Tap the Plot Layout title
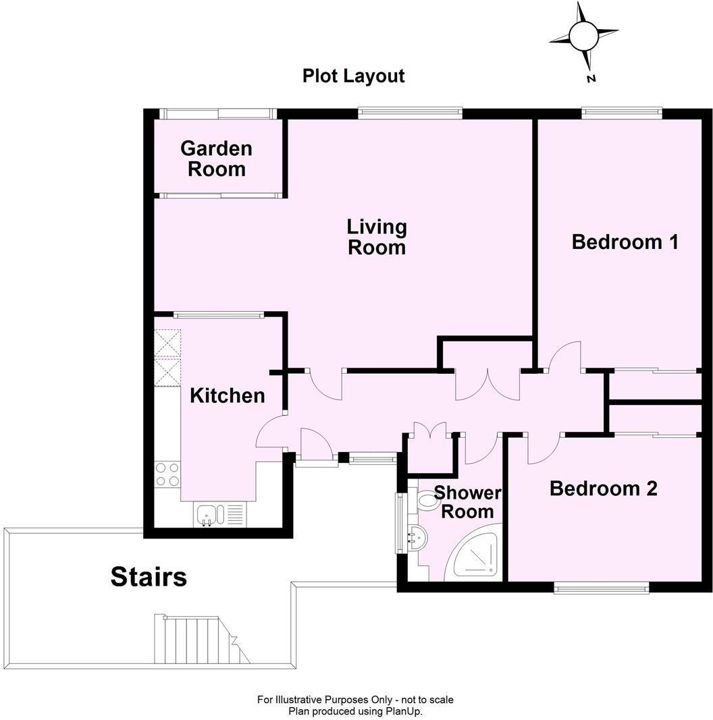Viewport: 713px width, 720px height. coord(353,76)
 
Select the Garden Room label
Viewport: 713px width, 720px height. coord(217,159)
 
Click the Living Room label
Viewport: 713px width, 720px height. coord(377,237)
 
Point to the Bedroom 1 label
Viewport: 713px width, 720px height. coord(625,242)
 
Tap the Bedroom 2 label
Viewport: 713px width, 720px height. coord(603,489)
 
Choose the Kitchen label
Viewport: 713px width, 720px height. coord(227,395)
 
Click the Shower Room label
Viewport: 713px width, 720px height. coord(467,503)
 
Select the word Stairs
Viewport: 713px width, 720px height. coord(149,577)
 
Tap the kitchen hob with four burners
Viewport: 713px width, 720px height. coord(167,474)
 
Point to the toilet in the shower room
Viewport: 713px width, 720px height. coord(427,501)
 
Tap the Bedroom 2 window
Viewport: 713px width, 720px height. coord(601,588)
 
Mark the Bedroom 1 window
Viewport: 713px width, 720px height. coord(620,113)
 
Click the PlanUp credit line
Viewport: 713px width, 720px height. coord(355,711)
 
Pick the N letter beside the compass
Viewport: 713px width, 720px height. coord(591,79)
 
